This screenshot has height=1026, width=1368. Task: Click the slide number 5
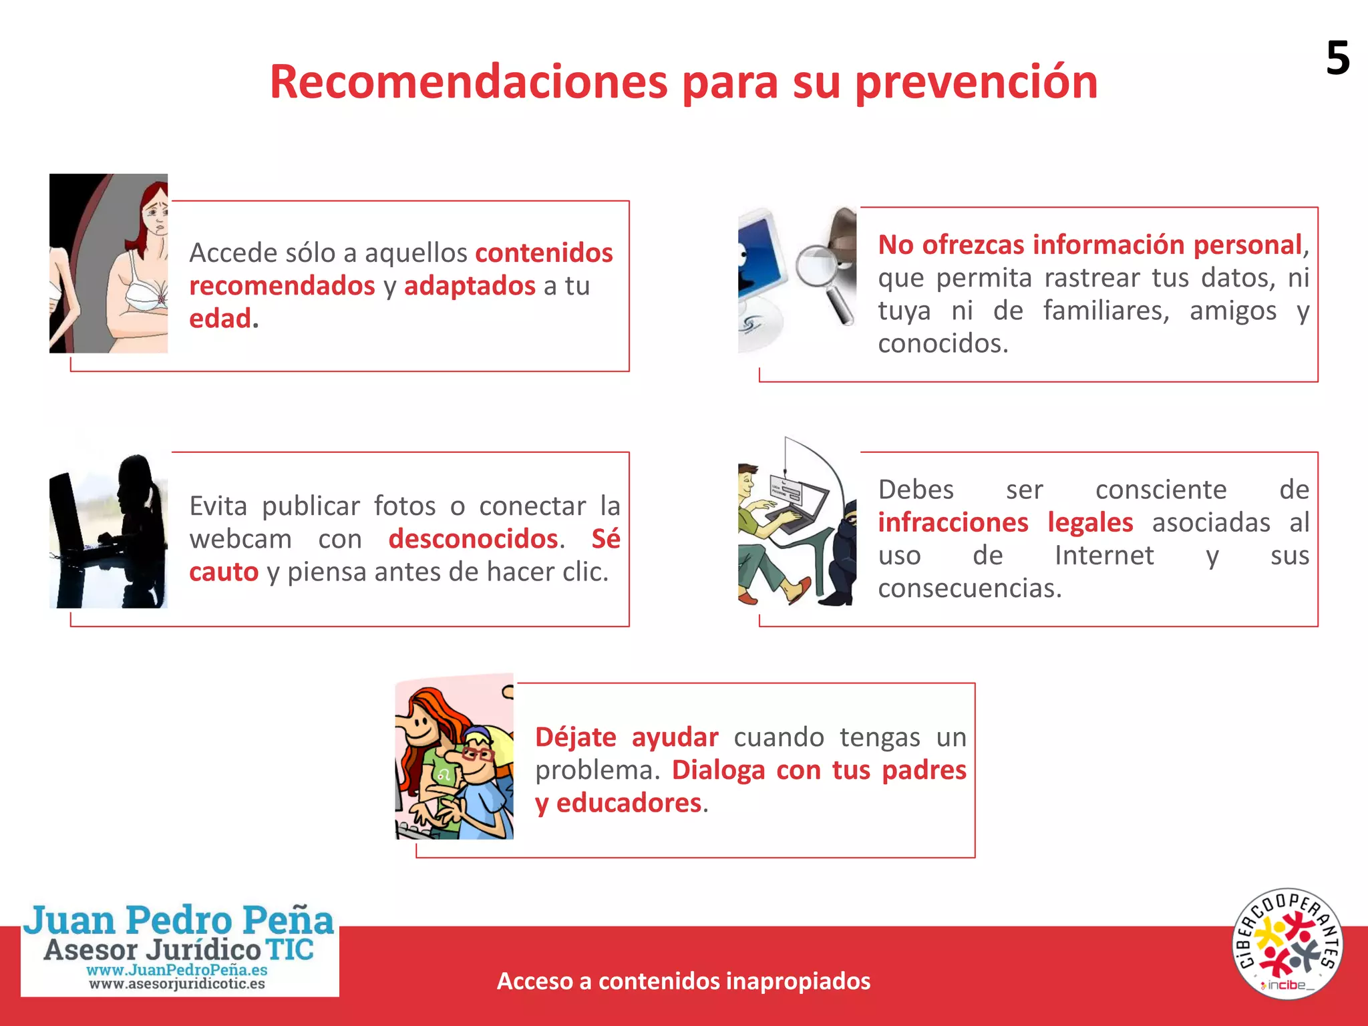tap(1337, 58)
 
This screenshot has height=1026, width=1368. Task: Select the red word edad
tap(220, 319)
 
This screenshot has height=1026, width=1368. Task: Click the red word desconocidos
tap(473, 538)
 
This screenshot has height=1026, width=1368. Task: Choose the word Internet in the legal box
tap(1103, 555)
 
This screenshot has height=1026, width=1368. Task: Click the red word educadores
tap(628, 803)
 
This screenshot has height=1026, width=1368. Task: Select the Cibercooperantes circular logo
tap(1287, 944)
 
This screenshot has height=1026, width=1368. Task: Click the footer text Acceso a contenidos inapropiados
tap(683, 981)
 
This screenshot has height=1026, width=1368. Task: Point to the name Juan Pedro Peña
tap(178, 920)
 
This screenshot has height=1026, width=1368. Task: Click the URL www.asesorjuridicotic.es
tap(177, 984)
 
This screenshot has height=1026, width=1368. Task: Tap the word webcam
tap(240, 538)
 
